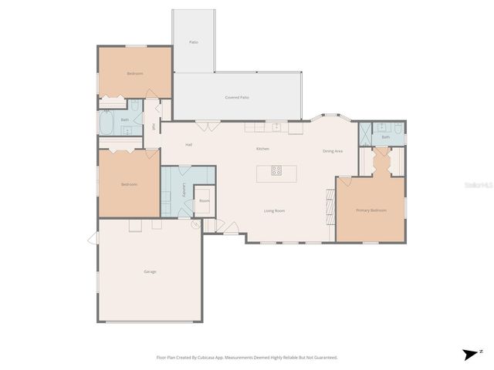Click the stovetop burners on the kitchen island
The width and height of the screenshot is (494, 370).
(x=276, y=171)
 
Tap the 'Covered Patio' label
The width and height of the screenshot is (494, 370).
(x=237, y=98)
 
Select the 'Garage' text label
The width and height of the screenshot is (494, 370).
(x=150, y=271)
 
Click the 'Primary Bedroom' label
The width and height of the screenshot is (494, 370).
(x=370, y=210)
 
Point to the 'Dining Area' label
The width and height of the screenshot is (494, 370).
(x=333, y=151)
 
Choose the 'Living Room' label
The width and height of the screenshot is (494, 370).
(x=275, y=210)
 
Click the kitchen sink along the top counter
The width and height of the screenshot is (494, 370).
(x=276, y=126)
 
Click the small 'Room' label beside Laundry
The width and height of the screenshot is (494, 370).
(x=204, y=200)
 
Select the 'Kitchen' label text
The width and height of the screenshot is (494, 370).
(x=263, y=148)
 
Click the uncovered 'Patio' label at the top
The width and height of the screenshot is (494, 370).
(x=194, y=42)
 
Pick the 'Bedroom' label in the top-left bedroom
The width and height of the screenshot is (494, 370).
(x=135, y=73)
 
